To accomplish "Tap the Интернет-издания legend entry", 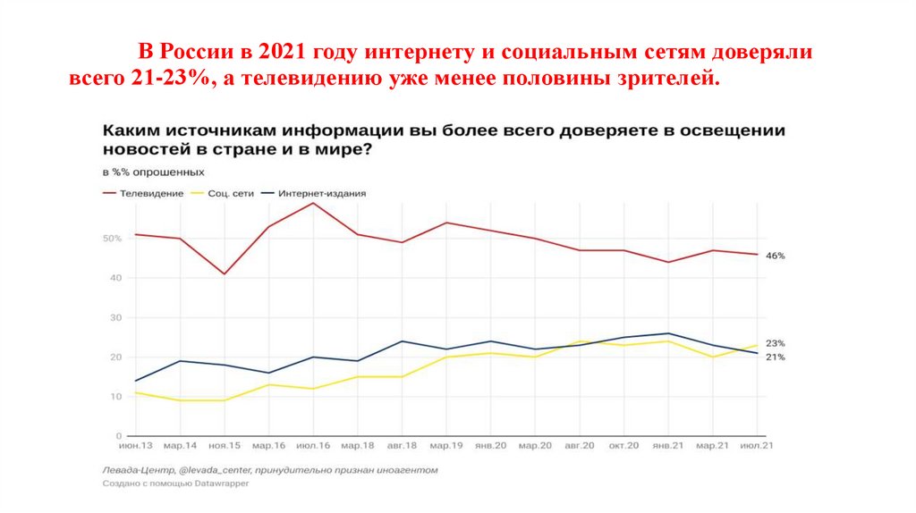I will (321, 193).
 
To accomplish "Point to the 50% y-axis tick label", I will (111, 239).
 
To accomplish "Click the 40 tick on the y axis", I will (114, 278).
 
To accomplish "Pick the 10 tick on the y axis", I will (114, 396).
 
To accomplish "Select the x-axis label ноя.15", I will (224, 444).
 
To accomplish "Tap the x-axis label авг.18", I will (402, 444).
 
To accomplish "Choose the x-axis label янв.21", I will (668, 444).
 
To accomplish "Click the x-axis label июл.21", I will (757, 444).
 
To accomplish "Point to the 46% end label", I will (775, 256).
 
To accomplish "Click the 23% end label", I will (775, 343).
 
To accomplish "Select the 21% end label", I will (775, 357).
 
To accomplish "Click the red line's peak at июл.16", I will (313, 203).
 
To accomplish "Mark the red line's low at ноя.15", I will (224, 273).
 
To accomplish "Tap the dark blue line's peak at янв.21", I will (668, 333).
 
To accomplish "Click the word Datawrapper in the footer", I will (223, 483).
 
